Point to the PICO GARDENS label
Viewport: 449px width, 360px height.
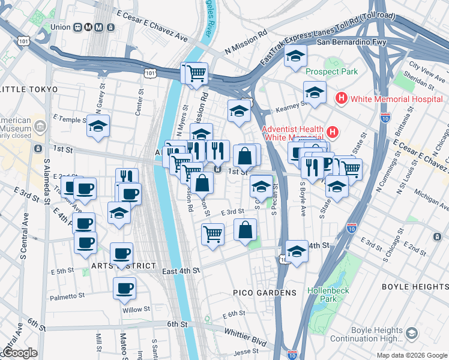265,293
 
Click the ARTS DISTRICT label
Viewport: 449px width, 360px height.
124,266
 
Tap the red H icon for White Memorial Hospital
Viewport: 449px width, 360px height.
342,98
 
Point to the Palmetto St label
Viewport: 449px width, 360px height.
68,296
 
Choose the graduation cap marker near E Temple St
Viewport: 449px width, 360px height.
98,127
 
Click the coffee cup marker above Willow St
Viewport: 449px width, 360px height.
124,288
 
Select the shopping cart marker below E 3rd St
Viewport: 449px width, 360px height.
212,233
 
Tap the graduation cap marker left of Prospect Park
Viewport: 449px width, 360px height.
295,56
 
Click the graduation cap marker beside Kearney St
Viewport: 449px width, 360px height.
314,93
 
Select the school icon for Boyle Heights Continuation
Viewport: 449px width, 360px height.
412,333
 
